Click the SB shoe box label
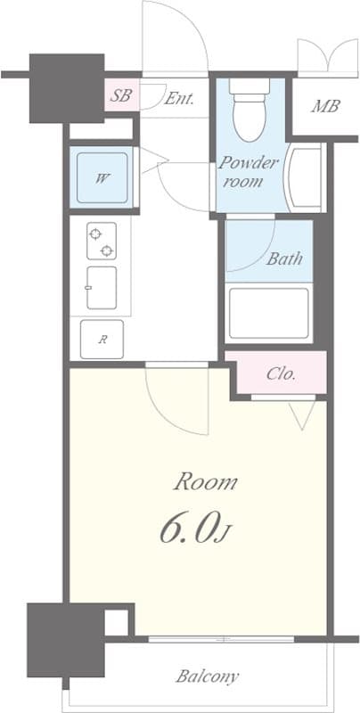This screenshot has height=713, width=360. (119, 95)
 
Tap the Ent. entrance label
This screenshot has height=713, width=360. (179, 98)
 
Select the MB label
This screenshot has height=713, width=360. (324, 108)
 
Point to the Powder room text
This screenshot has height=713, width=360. (249, 171)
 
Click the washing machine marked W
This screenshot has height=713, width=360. (103, 177)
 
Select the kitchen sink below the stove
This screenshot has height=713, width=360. (102, 287)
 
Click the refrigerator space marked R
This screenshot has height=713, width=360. (102, 338)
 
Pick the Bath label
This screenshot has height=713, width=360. (284, 259)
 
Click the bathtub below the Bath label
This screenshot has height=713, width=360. (269, 313)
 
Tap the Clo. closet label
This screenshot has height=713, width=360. (282, 373)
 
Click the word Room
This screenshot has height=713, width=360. (205, 483)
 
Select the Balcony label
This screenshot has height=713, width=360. (207, 676)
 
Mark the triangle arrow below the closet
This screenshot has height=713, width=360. (303, 412)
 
